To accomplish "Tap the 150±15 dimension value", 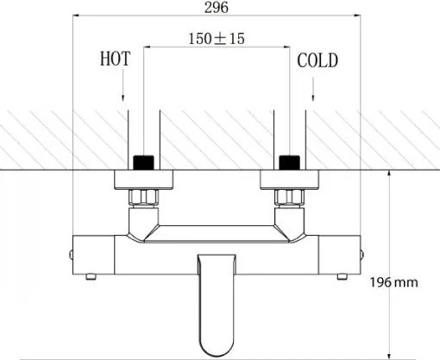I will click(215, 40).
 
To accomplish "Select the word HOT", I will click(116, 60).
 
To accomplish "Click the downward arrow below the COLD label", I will click(312, 88).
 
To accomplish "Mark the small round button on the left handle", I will click(72, 253).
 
